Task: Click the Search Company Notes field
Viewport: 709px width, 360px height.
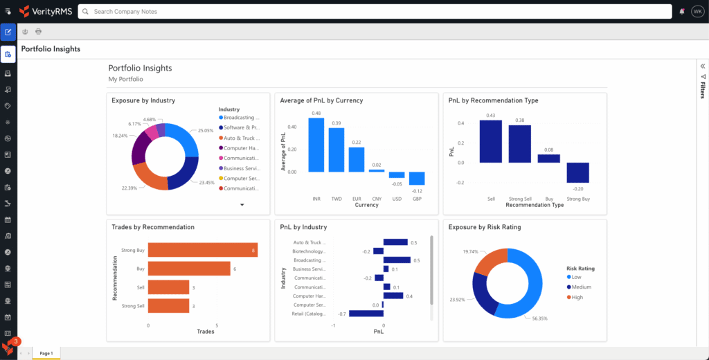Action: coord(374,12)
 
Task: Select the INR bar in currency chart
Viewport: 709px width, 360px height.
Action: coord(316,145)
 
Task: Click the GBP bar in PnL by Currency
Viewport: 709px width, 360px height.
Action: coord(417,179)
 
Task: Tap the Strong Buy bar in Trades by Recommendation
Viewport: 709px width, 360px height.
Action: coord(202,250)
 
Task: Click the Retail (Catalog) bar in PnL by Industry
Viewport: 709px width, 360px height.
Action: coord(366,314)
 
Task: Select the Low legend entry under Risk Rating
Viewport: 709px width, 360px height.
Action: coord(575,278)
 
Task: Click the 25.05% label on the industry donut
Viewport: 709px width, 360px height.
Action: coord(206,130)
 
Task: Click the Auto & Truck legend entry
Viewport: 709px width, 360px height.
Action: coord(239,138)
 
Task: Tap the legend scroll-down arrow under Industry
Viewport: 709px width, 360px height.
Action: coord(242,205)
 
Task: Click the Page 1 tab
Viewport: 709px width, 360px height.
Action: coord(46,353)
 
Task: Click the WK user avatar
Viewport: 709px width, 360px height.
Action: coord(697,12)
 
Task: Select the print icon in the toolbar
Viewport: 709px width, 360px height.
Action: coord(38,31)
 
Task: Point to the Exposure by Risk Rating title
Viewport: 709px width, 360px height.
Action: coord(485,227)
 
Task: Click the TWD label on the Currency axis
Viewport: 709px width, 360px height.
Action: coord(336,199)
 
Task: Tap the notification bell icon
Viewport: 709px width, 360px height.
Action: coord(682,12)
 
